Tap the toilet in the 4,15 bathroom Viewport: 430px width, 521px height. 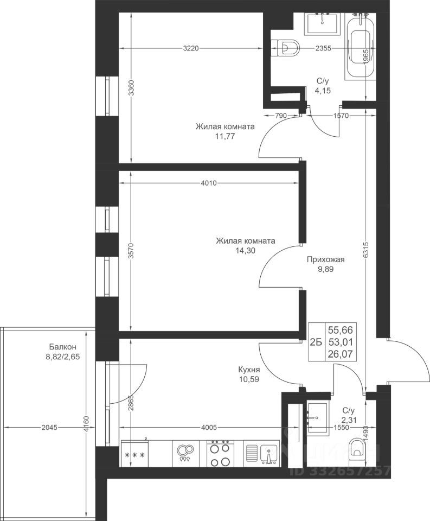tap(286, 48)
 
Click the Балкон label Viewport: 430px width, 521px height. tap(63, 347)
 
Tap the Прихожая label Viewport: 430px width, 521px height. tap(326, 259)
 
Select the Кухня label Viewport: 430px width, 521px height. tap(249, 370)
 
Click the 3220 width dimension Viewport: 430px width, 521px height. tap(190, 48)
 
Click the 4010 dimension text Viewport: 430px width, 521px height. tap(209, 183)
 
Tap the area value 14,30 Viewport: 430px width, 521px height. tap(246, 251)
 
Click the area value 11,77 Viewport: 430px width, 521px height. tap(225, 136)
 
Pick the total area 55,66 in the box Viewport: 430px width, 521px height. tap(341, 330)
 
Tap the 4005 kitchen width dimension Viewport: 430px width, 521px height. tap(209, 427)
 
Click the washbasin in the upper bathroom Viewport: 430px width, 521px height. tap(323, 23)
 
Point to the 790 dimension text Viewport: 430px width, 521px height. tap(281, 116)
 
